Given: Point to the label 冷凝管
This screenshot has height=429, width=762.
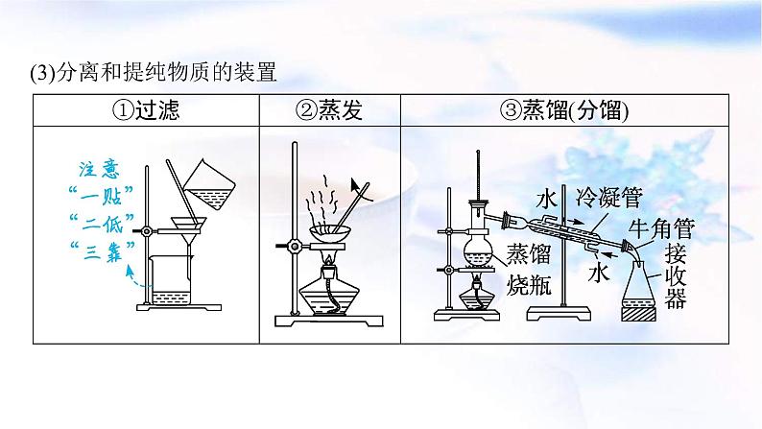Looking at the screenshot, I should pos(608,199).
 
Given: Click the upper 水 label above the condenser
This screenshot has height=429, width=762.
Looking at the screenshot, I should pos(547,199).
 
